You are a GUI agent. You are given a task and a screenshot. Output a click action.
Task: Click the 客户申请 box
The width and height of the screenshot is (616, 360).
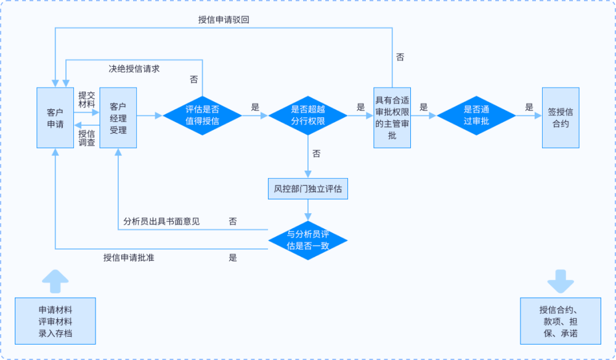55,118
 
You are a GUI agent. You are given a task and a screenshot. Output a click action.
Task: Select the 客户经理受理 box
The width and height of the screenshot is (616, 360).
118,118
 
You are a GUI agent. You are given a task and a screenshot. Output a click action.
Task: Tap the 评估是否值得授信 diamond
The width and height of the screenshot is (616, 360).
202,115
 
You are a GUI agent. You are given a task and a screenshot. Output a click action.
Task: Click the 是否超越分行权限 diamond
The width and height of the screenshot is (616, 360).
308,115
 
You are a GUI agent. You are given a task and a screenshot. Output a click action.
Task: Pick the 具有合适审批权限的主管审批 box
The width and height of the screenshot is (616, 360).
392,118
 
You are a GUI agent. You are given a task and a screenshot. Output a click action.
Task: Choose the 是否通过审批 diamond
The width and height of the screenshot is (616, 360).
476,115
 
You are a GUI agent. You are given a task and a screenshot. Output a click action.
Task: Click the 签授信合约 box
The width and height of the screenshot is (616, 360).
561,118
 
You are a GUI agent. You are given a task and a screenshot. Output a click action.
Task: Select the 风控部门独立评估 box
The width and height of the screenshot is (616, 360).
308,188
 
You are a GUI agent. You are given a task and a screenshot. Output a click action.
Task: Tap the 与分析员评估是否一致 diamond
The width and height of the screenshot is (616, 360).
308,239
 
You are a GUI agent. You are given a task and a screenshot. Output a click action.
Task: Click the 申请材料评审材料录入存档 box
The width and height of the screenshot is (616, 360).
55,320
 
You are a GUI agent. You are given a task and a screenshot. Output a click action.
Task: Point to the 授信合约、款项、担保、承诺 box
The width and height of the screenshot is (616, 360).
561,320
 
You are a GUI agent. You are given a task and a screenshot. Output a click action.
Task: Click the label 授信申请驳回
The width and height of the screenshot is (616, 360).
224,20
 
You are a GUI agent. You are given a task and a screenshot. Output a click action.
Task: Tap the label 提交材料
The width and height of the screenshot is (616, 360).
87,100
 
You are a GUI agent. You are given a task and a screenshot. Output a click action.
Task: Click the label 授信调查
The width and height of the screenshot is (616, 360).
87,137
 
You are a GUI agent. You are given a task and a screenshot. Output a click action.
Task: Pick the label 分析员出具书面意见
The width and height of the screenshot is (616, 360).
161,221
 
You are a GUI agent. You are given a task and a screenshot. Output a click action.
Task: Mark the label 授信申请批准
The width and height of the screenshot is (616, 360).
129,258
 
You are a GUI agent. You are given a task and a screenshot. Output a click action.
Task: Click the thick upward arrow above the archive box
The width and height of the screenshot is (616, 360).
55,281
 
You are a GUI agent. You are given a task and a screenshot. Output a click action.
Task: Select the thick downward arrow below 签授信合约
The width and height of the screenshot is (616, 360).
561,281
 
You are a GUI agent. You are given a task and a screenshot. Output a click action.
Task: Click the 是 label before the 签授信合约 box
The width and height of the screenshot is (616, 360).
529,107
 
